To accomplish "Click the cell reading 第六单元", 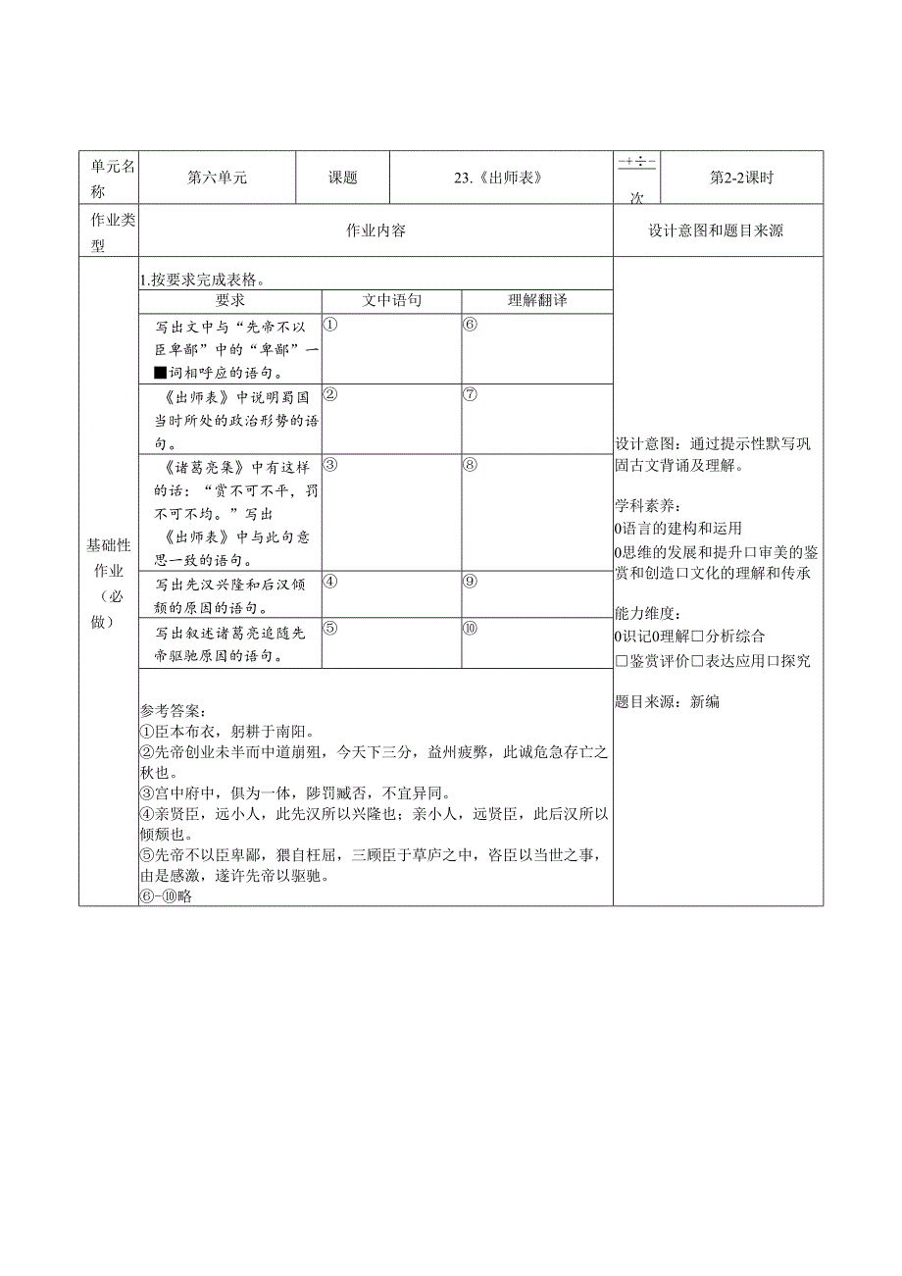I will [217, 178].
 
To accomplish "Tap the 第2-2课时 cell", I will [741, 178].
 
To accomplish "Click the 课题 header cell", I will [342, 178].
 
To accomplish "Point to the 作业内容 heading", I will [376, 230].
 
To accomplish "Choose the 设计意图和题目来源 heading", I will [716, 230].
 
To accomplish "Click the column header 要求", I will [230, 300].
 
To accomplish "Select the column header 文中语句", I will [391, 300].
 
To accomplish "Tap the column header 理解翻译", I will [536, 300].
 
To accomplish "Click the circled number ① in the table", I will [330, 324].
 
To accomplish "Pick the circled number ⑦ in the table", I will [470, 394].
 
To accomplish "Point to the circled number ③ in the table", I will [330, 465].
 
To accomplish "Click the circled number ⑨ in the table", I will [470, 581].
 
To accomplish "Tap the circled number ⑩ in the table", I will [470, 628].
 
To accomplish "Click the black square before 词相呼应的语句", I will [161, 372].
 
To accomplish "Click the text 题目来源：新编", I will [667, 701].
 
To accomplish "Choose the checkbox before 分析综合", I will [698, 637].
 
